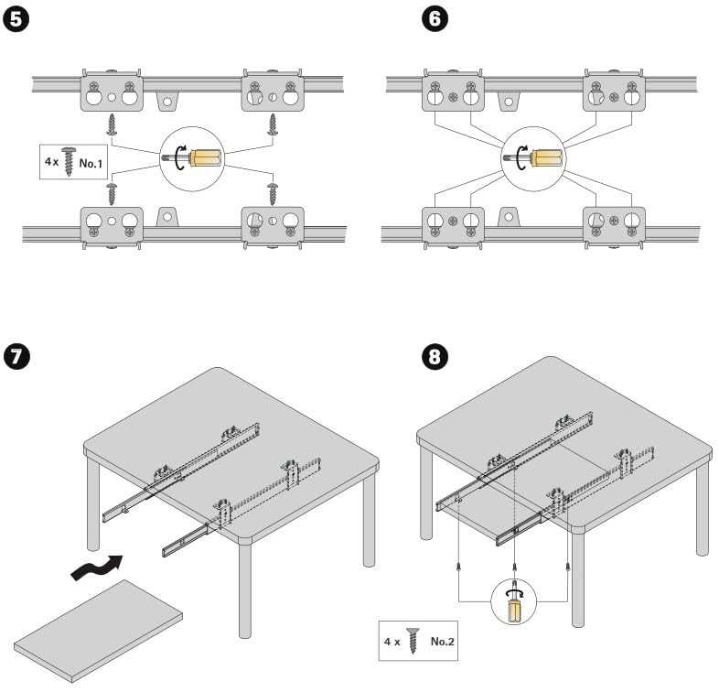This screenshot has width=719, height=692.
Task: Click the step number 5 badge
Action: click(x=18, y=20)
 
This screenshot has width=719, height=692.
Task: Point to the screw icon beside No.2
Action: click(x=413, y=641)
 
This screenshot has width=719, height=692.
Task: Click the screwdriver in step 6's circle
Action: click(x=540, y=158)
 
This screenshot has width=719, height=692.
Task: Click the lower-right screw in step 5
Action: click(x=272, y=193)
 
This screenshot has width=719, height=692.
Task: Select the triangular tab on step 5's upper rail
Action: click(x=167, y=100)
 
